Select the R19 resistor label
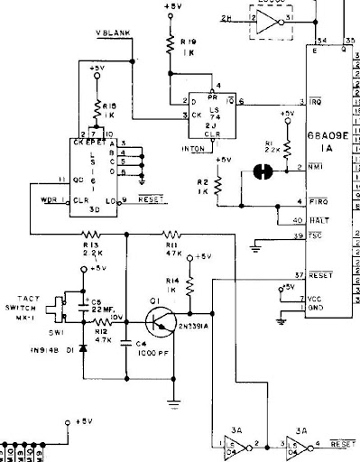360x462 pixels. click(x=188, y=41)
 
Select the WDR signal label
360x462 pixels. click(x=50, y=198)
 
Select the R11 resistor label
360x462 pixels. click(x=171, y=245)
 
